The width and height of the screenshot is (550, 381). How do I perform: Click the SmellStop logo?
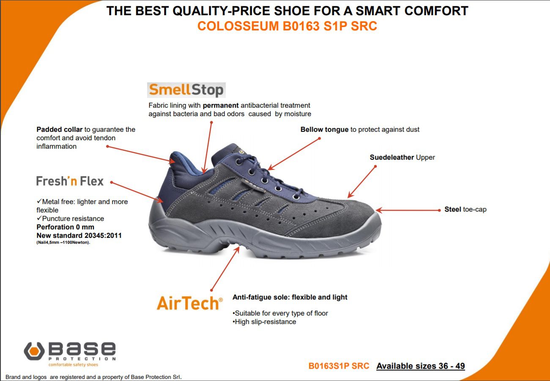[x=186, y=90]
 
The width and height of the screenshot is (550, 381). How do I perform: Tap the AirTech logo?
[x=190, y=303]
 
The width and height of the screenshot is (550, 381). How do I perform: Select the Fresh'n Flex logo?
[x=70, y=181]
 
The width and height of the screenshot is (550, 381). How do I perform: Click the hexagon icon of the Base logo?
[x=34, y=351]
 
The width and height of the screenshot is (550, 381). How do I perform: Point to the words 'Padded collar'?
[x=60, y=129]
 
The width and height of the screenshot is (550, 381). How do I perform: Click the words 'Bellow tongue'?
[x=324, y=130]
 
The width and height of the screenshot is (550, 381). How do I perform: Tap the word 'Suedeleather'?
[x=392, y=157]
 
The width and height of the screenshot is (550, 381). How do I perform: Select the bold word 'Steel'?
[x=453, y=209]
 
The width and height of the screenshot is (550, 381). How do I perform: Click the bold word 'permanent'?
[x=221, y=106]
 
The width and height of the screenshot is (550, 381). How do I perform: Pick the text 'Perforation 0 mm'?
[x=65, y=227]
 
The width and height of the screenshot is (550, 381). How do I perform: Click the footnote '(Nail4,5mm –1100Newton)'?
[x=63, y=242]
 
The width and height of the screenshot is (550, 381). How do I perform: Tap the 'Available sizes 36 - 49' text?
[x=421, y=366]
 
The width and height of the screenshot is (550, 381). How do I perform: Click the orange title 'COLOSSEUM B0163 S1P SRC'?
[x=287, y=26]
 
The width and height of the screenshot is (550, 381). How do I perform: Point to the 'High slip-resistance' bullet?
[x=265, y=321]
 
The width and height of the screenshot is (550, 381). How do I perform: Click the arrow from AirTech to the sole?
[x=225, y=269]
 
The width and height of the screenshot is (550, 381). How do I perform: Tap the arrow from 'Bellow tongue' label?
[x=294, y=154]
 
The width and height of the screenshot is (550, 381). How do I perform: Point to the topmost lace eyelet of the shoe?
[x=238, y=162]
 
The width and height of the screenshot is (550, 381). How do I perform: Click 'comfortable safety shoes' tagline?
[x=73, y=365]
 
